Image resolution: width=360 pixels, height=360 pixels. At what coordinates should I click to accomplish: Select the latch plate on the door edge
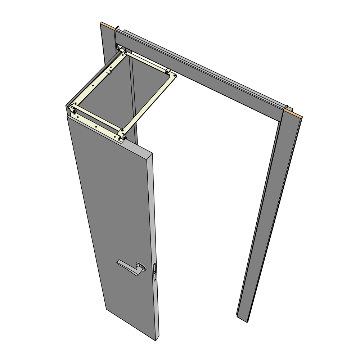(x=155, y=271)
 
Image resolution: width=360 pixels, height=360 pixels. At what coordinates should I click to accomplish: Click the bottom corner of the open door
(x=156, y=339)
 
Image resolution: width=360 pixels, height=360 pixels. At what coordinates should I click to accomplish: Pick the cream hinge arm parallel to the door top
(x=97, y=117)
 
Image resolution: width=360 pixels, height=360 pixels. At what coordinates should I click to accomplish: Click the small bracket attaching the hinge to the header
(x=120, y=48)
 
